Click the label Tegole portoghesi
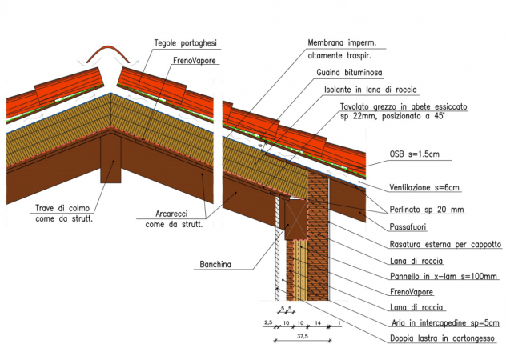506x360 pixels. point(185,43)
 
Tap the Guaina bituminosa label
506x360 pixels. point(349,73)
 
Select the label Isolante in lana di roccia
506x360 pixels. point(371,90)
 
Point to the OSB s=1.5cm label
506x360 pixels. point(415,154)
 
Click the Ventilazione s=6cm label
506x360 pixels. point(424,187)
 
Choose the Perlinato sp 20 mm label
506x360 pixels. point(427,210)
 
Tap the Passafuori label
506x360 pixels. point(408,226)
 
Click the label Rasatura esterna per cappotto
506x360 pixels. point(445,244)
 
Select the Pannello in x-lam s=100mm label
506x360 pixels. point(444,276)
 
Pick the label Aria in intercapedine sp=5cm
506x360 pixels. point(445,322)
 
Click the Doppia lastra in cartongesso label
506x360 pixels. point(442,338)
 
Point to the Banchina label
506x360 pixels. point(215,265)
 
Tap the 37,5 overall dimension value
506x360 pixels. point(303,337)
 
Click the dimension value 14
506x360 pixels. point(318,322)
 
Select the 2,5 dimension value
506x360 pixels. point(268,322)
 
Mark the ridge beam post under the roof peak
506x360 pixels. point(110,158)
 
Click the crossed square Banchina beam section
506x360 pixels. point(295,219)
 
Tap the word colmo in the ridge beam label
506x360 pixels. point(78,208)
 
